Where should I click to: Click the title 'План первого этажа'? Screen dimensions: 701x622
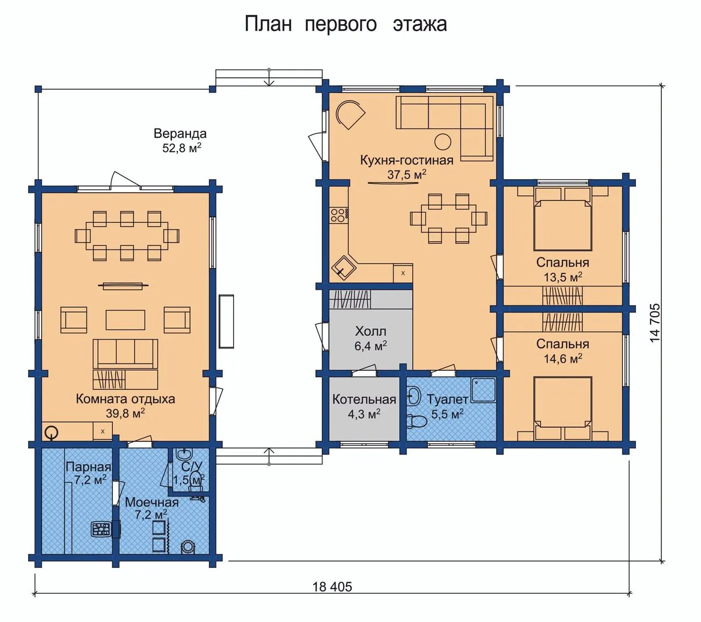[346, 24]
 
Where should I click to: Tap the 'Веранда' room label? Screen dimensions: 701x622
[180, 134]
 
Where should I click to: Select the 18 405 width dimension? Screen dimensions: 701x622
[332, 586]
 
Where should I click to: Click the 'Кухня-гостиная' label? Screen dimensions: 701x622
[406, 160]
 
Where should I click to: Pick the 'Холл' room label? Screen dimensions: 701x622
[370, 331]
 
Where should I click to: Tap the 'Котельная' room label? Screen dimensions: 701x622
[364, 399]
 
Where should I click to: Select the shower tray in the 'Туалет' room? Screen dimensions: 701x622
[483, 390]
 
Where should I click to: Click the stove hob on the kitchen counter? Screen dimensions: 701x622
[339, 214]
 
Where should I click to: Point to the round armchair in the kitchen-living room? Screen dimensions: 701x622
[350, 114]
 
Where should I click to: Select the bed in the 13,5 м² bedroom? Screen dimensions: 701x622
[562, 219]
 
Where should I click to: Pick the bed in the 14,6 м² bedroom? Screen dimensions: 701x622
[562, 409]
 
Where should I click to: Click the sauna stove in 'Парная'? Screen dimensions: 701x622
[101, 530]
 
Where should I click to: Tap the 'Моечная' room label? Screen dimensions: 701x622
[152, 502]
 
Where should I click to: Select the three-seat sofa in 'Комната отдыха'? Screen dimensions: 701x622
[125, 354]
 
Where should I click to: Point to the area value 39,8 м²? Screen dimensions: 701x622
[125, 413]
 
